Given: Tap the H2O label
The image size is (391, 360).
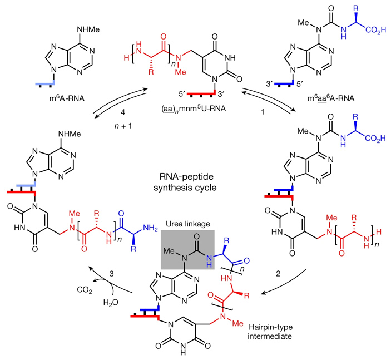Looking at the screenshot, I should click(111, 304).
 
